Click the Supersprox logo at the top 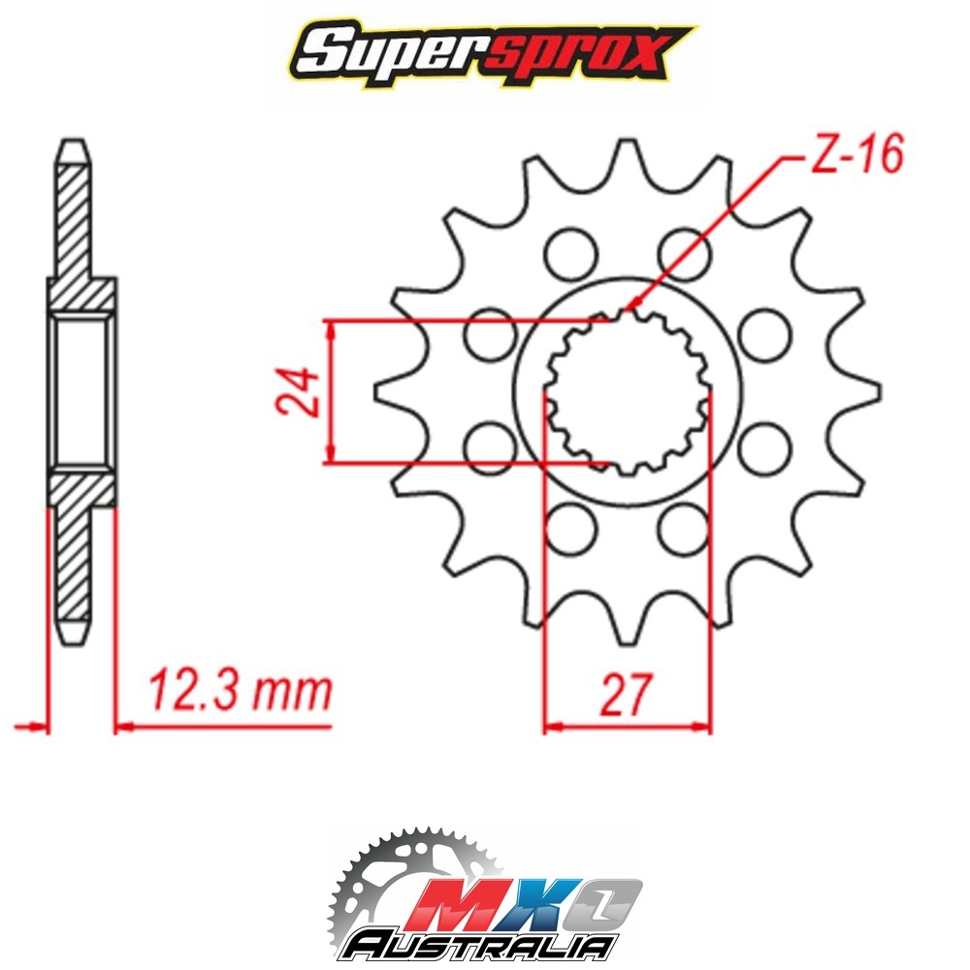click(x=492, y=53)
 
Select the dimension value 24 click(x=298, y=392)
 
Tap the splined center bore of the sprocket click(x=628, y=392)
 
